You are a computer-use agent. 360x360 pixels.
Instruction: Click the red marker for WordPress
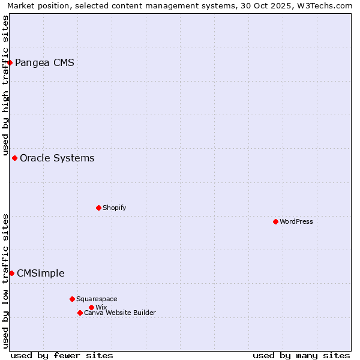(275, 221)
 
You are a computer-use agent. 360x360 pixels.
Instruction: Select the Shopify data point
(98, 208)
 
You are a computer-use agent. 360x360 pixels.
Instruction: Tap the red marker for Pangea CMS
(10, 62)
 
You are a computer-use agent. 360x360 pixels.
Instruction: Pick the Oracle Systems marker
(14, 158)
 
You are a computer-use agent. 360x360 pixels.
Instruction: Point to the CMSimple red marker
(11, 273)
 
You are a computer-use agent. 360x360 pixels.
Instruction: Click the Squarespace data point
(72, 299)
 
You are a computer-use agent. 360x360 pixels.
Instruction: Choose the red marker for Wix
(91, 307)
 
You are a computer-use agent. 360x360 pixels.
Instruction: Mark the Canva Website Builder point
(80, 313)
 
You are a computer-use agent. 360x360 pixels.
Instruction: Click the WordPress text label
(296, 221)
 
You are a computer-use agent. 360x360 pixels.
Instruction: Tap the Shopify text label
(114, 208)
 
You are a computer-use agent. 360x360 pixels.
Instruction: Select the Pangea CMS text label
(44, 62)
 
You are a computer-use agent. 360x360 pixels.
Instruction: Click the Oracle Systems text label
(57, 158)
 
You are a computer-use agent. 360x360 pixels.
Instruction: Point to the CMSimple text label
(40, 273)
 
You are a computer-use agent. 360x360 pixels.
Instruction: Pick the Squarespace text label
(97, 299)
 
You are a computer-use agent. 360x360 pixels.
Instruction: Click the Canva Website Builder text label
(119, 313)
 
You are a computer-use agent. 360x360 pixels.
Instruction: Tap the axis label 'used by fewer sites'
(62, 355)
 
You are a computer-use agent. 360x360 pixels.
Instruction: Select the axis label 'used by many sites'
(301, 355)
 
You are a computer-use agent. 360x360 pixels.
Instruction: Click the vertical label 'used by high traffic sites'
(5, 86)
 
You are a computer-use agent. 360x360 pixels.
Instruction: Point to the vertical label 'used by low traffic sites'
(5, 281)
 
